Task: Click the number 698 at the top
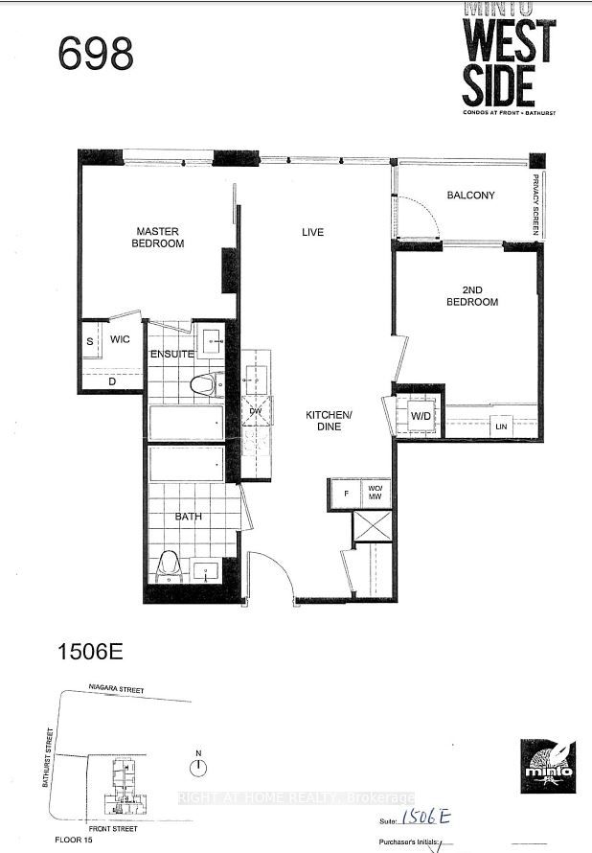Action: click(x=96, y=55)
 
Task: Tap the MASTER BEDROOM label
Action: click(x=159, y=237)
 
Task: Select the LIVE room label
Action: click(x=312, y=232)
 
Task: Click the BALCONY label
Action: click(x=470, y=196)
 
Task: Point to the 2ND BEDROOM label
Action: click(x=473, y=295)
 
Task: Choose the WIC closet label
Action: click(x=120, y=339)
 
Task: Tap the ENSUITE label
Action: click(x=172, y=355)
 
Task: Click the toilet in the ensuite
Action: click(x=202, y=385)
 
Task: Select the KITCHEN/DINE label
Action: click(x=324, y=420)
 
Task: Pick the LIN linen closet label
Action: click(x=499, y=426)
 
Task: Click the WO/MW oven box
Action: click(x=375, y=491)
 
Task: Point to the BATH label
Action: click(x=188, y=517)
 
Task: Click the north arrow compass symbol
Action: click(x=198, y=766)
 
